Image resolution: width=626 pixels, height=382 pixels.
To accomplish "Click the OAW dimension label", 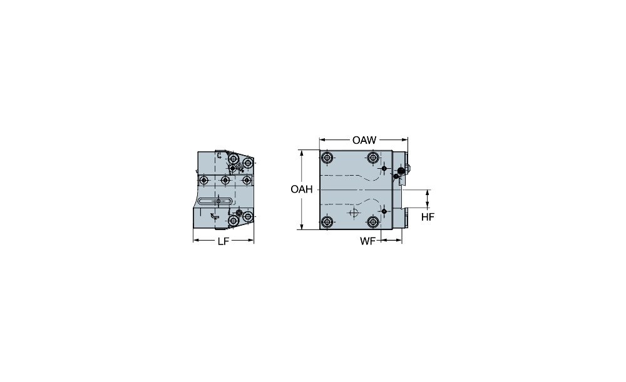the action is [364, 140].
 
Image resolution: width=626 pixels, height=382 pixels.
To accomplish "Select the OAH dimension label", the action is [302, 189].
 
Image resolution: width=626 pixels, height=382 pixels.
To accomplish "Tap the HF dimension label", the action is [428, 217].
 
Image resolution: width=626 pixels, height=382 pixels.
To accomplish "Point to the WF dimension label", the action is [367, 241].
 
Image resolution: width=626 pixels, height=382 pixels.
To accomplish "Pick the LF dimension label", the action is [223, 241].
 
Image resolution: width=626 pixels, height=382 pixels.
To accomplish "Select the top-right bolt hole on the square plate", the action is [373, 158].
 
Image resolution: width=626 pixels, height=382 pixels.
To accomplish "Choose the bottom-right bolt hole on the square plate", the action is [373, 222].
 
